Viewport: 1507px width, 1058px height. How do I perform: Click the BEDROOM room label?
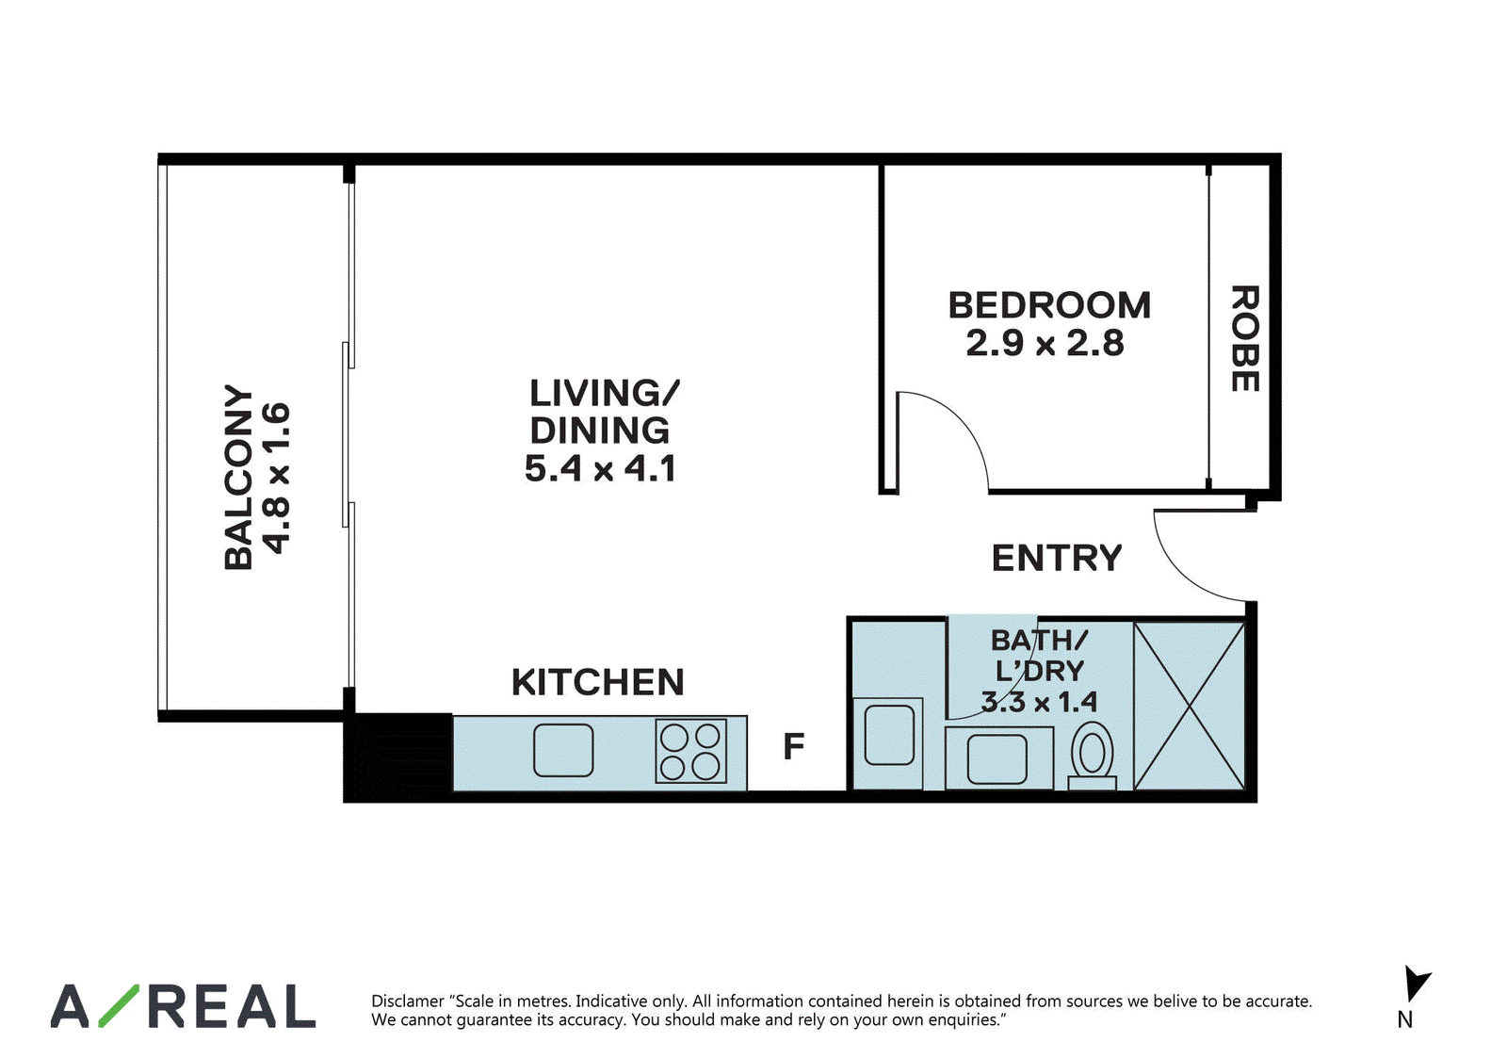coord(1049,305)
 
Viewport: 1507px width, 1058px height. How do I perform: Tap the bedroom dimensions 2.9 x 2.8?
coord(1045,343)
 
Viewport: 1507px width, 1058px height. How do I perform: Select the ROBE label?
coord(1244,338)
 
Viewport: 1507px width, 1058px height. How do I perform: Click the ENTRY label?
coord(1057,558)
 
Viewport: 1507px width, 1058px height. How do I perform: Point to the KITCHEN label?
coord(598,682)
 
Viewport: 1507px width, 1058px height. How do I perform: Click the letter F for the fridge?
coord(794,746)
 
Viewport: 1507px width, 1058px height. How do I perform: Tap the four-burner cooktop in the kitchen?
coord(691,751)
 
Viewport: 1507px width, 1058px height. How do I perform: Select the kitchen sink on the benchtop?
coord(563,751)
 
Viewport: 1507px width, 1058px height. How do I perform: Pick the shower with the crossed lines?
coord(1190,706)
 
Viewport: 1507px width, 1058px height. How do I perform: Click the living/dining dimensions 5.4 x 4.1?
coord(600,468)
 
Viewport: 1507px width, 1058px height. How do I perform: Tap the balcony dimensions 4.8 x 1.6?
coord(277,479)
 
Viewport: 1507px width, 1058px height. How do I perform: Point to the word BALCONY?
coord(238,478)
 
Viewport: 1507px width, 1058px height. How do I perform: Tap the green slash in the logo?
coord(119,1006)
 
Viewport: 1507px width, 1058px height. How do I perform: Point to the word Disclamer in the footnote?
coord(408,1001)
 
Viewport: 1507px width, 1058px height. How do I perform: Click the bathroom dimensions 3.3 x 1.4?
coord(1039,702)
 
